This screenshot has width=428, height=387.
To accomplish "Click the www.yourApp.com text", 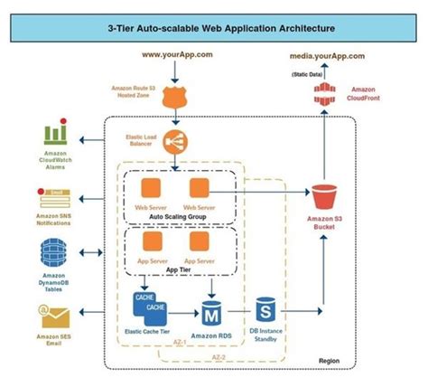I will pyautogui.click(x=177, y=56).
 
